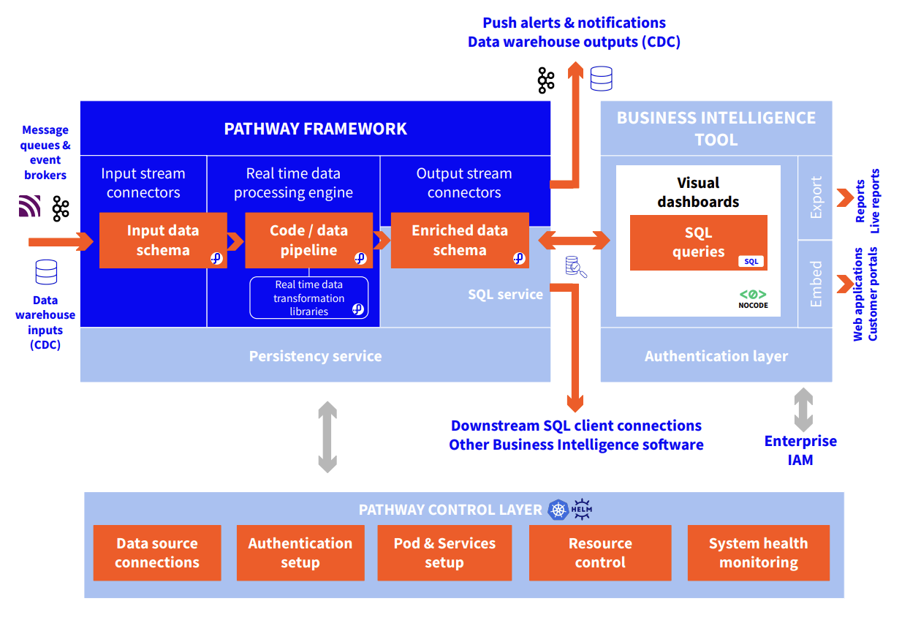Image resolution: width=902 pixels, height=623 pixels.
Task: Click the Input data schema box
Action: (163, 241)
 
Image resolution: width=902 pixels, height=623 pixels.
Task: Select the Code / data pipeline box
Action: (309, 241)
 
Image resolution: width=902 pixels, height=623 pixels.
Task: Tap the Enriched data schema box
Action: (460, 241)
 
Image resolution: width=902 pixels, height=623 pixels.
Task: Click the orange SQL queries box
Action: (699, 243)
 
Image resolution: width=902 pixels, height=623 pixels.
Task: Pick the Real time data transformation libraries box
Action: (309, 298)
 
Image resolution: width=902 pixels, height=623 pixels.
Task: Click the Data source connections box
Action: (157, 553)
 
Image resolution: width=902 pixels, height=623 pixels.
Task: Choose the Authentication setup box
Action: (300, 553)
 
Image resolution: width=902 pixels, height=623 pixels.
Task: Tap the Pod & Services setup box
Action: (444, 553)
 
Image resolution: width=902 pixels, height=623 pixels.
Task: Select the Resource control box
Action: (600, 553)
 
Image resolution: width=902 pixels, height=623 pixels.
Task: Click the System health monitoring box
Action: (759, 553)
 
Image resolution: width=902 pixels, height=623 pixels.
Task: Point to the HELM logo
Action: (582, 510)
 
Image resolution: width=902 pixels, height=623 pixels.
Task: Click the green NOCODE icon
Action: (753, 299)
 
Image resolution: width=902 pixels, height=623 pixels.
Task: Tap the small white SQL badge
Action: (751, 261)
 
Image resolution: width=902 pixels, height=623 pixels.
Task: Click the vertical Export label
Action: (816, 197)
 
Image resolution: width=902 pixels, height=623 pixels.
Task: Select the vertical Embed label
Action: (816, 284)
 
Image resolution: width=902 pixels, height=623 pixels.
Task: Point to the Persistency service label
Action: (315, 356)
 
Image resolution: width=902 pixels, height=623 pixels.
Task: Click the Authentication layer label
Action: (716, 356)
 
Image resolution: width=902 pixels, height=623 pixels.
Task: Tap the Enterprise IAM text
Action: (800, 450)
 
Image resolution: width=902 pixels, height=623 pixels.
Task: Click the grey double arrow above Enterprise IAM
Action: (803, 409)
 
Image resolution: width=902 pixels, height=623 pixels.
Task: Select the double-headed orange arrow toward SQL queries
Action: (575, 241)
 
